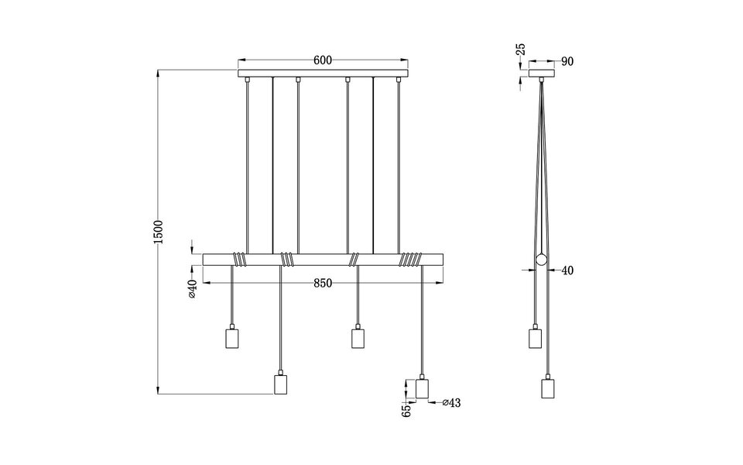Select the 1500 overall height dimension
[x=159, y=232]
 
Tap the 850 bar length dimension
[x=323, y=283]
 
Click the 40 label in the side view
[x=567, y=270]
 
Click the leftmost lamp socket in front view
[x=231, y=339]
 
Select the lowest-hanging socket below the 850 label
[x=281, y=384]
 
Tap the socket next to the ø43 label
[x=423, y=388]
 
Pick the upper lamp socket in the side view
[x=534, y=339]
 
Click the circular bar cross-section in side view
[x=542, y=261]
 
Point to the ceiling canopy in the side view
[x=542, y=74]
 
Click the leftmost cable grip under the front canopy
[x=246, y=80]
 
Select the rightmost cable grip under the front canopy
[x=398, y=80]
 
